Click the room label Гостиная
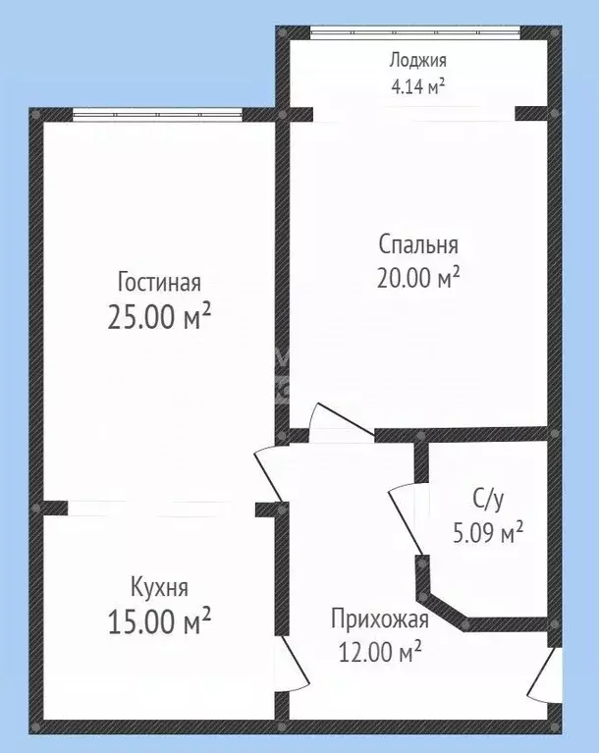(159, 283)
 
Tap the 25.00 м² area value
(159, 317)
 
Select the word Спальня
(418, 243)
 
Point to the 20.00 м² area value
(418, 278)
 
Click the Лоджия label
(416, 60)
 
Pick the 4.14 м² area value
(416, 84)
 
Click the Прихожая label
(379, 619)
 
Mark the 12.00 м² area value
(379, 650)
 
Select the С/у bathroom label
(488, 500)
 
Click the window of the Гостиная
(157, 114)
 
